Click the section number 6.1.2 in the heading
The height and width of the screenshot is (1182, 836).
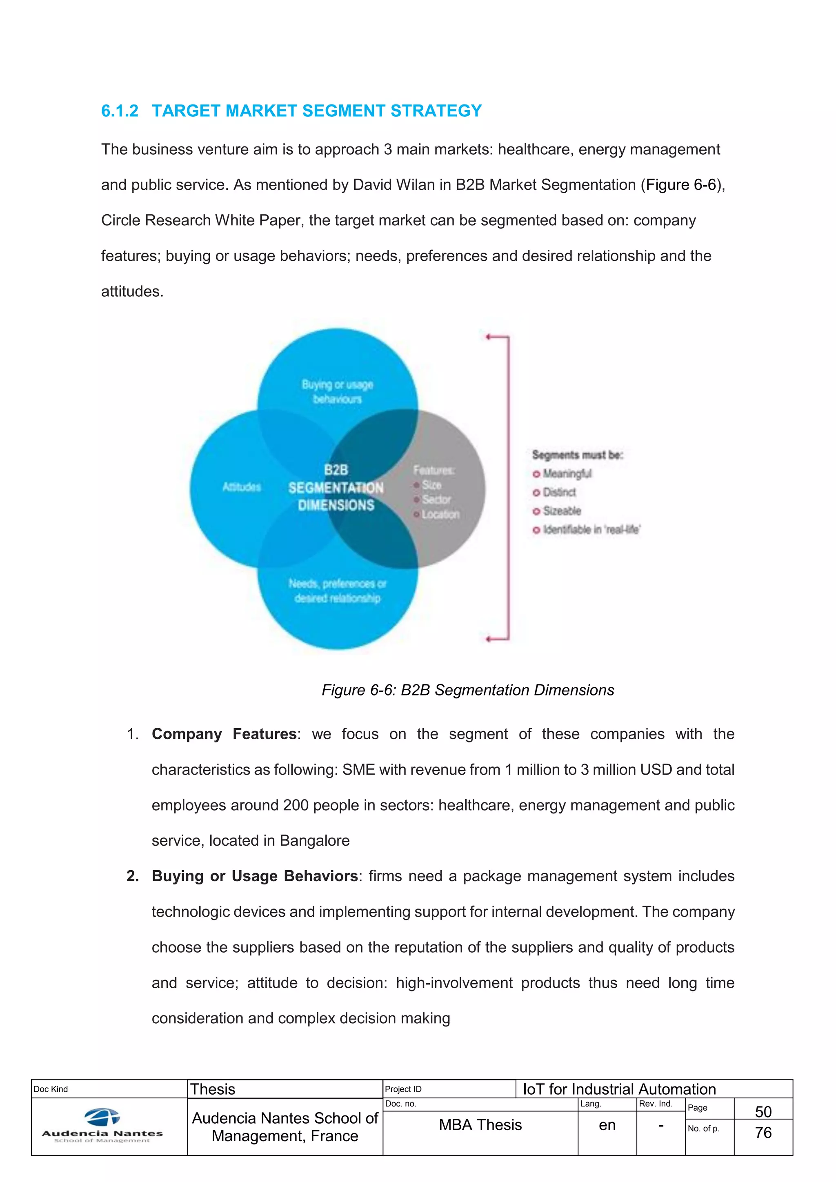pos(120,111)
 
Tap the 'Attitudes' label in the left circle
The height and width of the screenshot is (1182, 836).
pos(241,487)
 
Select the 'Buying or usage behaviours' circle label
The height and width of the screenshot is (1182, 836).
pos(337,392)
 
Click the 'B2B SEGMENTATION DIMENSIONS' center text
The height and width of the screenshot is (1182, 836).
pos(336,487)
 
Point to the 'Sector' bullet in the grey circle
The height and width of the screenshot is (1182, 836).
pos(436,499)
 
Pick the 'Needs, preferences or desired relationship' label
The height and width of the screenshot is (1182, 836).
pos(337,591)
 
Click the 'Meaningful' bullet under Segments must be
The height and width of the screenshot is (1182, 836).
pos(566,473)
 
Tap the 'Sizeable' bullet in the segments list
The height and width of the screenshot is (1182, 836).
pos(561,511)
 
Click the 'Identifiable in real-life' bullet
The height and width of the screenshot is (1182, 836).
pos(590,529)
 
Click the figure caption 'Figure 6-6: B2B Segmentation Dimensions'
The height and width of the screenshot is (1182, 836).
pos(467,690)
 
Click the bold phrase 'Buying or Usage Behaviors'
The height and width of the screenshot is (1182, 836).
pos(255,876)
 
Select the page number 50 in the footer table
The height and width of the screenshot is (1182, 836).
pos(763,1111)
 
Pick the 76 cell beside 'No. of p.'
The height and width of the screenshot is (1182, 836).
pos(763,1133)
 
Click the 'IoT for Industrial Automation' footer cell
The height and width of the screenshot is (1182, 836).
pos(619,1089)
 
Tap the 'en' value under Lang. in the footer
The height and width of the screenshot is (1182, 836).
pos(607,1125)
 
